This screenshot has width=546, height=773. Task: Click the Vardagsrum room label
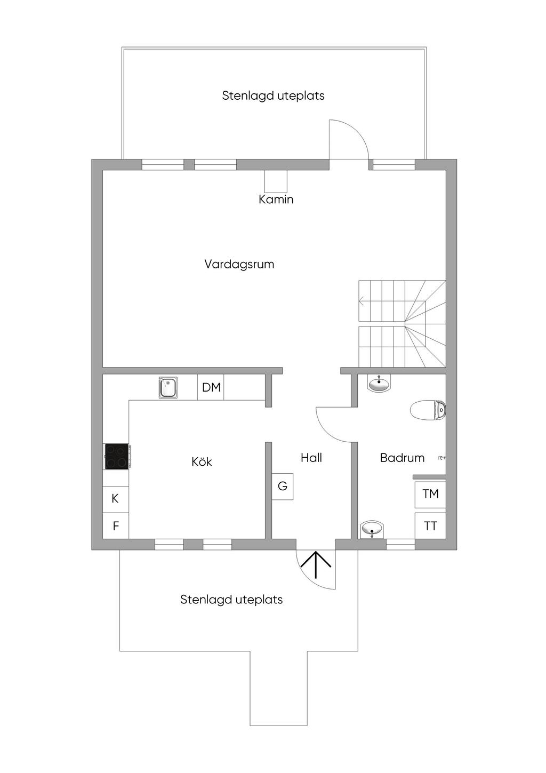(x=239, y=264)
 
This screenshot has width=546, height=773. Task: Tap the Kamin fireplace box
(x=276, y=181)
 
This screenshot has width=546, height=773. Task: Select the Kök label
(x=202, y=461)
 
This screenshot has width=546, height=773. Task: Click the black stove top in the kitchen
(x=116, y=457)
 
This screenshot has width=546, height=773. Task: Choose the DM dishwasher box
(x=211, y=388)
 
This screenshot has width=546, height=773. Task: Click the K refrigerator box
(x=115, y=499)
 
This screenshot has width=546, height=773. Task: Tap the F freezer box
(x=115, y=527)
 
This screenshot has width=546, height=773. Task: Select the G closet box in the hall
(x=283, y=487)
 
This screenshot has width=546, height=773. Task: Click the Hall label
(x=311, y=458)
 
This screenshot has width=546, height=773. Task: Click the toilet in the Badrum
(x=428, y=410)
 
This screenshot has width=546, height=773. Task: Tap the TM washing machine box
(x=430, y=494)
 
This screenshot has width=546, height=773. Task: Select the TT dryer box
(x=430, y=526)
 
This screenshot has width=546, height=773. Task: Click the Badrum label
(x=402, y=458)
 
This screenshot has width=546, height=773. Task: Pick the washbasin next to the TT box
(x=372, y=530)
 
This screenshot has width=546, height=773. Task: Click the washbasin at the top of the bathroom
(x=379, y=384)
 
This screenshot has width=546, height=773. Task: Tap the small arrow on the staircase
(x=362, y=302)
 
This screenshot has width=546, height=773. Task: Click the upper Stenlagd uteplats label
(x=273, y=96)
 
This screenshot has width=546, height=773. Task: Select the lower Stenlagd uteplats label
(x=231, y=600)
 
